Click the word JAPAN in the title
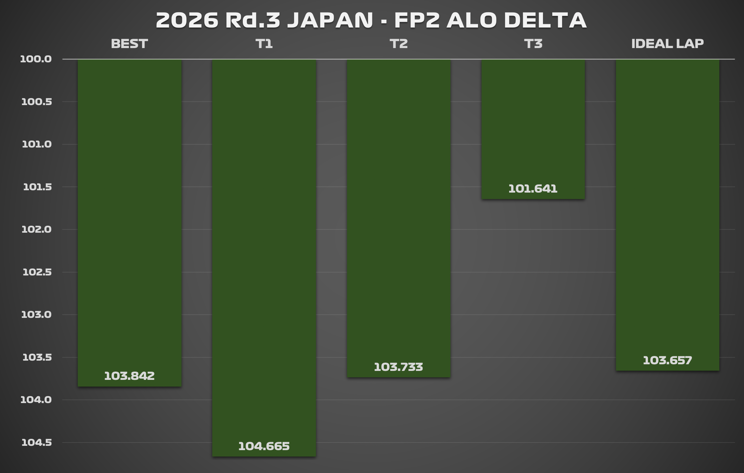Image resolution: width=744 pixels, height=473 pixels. [330, 20]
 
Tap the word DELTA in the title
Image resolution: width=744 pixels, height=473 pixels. [545, 20]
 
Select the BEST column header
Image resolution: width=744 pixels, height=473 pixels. [129, 44]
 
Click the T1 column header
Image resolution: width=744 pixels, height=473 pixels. [264, 44]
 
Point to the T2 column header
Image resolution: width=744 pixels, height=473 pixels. [399, 44]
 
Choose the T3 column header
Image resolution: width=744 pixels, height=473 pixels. [533, 44]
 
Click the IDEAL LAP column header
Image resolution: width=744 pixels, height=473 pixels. [667, 44]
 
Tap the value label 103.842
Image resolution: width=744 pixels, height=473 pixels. [129, 376]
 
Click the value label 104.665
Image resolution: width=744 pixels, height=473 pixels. [264, 446]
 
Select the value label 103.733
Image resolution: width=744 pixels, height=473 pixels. [399, 367]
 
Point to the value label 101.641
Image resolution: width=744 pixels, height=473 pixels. [533, 189]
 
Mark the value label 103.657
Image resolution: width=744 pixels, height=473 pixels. [667, 360]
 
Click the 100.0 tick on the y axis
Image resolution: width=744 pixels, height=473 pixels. [36, 59]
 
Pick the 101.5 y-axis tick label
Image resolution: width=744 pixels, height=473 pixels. [37, 187]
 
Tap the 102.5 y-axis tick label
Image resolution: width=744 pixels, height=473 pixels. [37, 272]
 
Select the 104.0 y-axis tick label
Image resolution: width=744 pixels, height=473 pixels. [36, 400]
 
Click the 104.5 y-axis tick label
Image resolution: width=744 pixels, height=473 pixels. [37, 442]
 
